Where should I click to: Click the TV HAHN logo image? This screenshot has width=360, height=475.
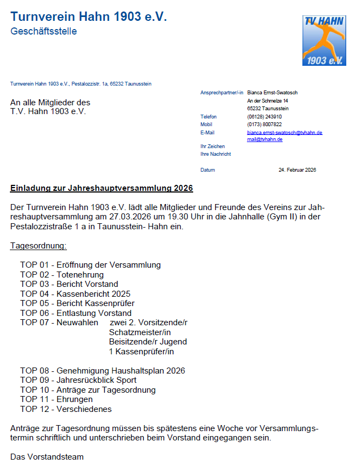click(324, 40)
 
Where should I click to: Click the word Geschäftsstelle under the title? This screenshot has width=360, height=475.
click(43, 31)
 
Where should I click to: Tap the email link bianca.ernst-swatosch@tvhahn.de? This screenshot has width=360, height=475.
click(284, 133)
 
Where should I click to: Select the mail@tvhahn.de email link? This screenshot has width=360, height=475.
click(265, 140)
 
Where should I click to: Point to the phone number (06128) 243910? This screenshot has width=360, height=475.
click(265, 117)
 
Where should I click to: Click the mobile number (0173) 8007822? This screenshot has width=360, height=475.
click(265, 125)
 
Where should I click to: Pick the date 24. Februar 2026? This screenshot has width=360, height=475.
click(297, 170)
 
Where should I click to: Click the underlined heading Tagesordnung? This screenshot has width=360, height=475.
click(38, 246)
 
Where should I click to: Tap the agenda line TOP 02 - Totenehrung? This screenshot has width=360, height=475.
click(62, 274)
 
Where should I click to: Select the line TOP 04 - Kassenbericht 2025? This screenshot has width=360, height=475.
click(75, 294)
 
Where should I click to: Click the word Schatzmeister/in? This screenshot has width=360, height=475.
click(140, 332)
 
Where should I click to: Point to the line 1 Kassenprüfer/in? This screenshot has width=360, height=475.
click(141, 352)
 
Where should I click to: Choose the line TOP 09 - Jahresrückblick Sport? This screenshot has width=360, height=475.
click(78, 380)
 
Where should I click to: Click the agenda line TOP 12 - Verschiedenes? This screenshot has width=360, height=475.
click(66, 409)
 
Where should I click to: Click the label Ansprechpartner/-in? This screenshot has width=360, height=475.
click(222, 93)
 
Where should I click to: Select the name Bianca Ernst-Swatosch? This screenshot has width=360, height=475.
click(272, 93)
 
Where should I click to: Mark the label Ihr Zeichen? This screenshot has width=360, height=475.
click(213, 146)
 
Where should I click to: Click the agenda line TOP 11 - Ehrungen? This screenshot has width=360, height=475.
click(57, 399)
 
